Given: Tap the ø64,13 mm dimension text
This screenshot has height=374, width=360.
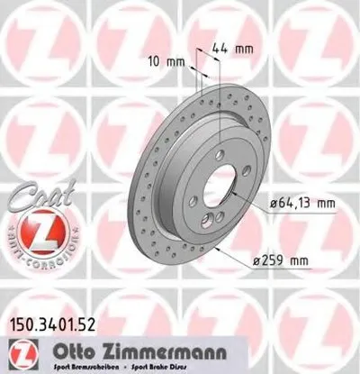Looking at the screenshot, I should point(301,204).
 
